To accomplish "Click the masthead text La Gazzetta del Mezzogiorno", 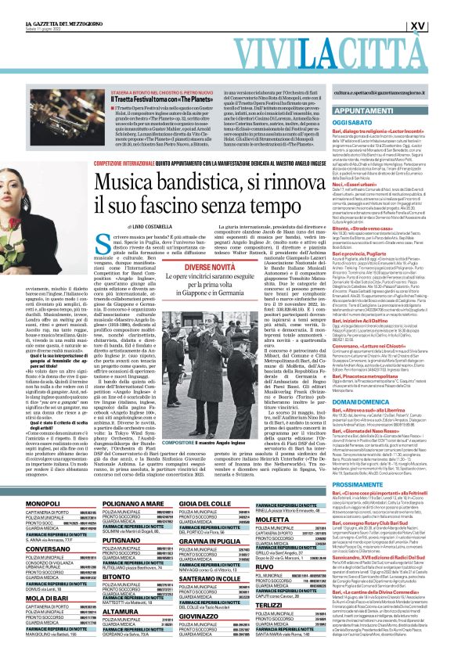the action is pos(39,4).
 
